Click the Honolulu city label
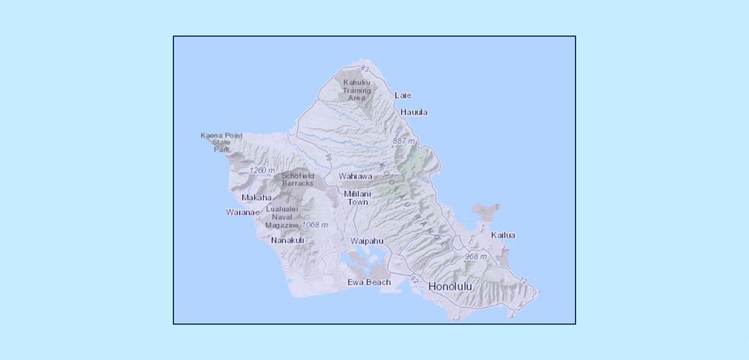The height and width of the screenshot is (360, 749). [450, 287]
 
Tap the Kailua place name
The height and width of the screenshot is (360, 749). [503, 235]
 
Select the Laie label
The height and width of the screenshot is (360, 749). [403, 95]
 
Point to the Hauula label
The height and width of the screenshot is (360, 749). [414, 112]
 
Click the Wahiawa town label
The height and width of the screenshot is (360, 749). [355, 176]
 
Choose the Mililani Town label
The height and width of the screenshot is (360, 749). [358, 198]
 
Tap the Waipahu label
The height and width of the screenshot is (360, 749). [367, 241]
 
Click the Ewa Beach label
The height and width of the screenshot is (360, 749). [369, 282]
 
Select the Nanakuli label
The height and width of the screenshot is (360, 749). [287, 240]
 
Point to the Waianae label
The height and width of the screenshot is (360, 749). [243, 212]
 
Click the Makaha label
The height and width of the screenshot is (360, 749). [256, 197]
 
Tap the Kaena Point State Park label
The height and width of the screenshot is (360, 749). [221, 142]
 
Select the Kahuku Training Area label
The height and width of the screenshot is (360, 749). [356, 90]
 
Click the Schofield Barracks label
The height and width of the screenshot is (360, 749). [298, 179]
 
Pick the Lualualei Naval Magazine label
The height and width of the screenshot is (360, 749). [282, 217]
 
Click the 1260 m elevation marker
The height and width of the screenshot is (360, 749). [262, 170]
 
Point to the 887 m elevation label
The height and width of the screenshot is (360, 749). [404, 141]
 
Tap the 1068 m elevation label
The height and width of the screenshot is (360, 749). [314, 225]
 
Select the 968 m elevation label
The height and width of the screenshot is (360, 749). [475, 256]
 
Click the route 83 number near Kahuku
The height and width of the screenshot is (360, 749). [365, 69]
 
